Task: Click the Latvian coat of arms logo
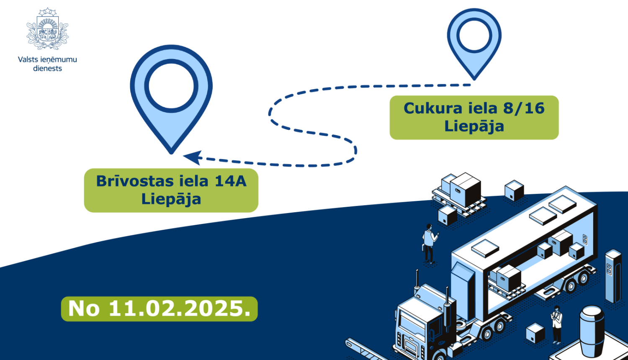point(47,29)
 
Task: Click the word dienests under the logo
point(47,69)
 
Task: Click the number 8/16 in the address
point(524,108)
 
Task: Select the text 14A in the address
point(230,181)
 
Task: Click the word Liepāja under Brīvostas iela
point(171,199)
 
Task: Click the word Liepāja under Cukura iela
point(474,126)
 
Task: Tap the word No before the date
point(84,309)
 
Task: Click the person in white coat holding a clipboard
point(556,324)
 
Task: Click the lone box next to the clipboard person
point(535,333)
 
